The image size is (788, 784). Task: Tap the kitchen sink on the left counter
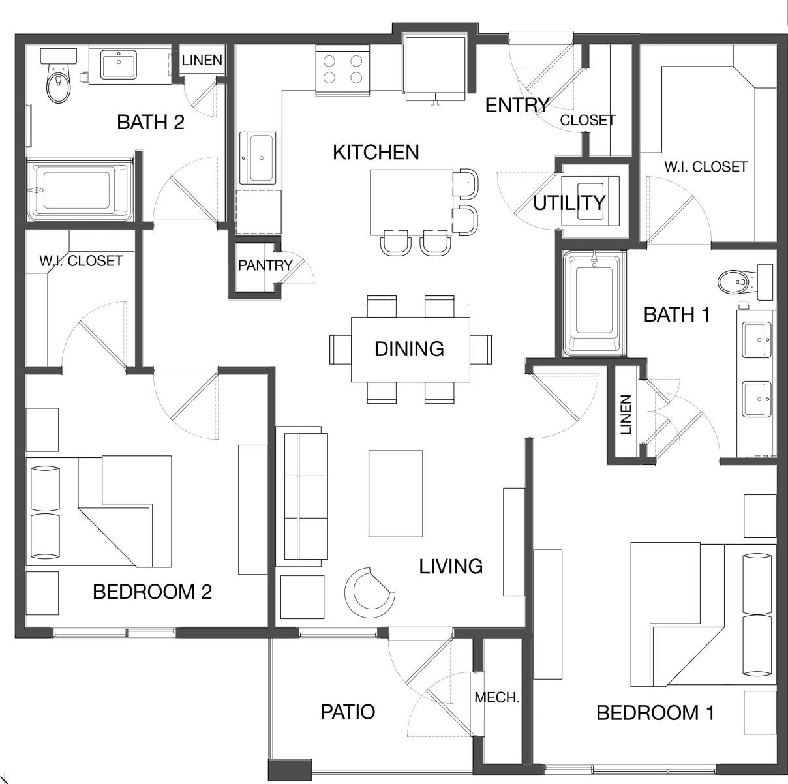tap(258, 157)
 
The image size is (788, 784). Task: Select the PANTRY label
tap(264, 265)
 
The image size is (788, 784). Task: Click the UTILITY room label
tap(569, 203)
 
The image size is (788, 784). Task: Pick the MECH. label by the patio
tap(497, 698)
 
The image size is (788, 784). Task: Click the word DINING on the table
tap(409, 349)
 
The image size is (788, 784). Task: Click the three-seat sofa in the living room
tap(303, 496)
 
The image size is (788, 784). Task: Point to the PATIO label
tap(348, 712)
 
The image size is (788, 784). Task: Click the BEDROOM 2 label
tap(152, 592)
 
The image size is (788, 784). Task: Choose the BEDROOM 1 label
tap(655, 713)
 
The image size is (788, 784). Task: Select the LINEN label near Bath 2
tap(202, 61)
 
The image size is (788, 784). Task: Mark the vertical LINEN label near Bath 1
tap(626, 415)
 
